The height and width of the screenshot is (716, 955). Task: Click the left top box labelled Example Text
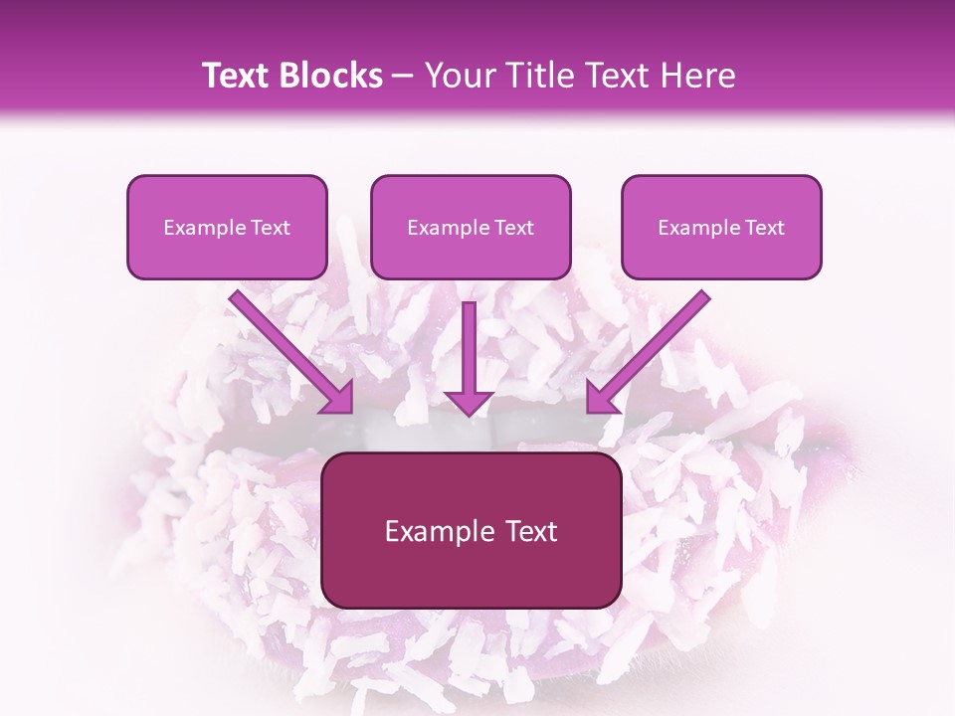pyautogui.click(x=227, y=227)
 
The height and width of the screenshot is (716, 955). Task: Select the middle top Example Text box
pyautogui.click(x=471, y=227)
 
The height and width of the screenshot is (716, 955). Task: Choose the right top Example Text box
pyautogui.click(x=721, y=227)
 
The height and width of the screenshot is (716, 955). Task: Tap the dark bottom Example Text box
pyautogui.click(x=471, y=531)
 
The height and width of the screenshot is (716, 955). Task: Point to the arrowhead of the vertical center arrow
pyautogui.click(x=469, y=402)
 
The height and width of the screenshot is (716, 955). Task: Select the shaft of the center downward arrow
pyautogui.click(x=469, y=343)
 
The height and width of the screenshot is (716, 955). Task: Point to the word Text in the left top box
pyautogui.click(x=270, y=227)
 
